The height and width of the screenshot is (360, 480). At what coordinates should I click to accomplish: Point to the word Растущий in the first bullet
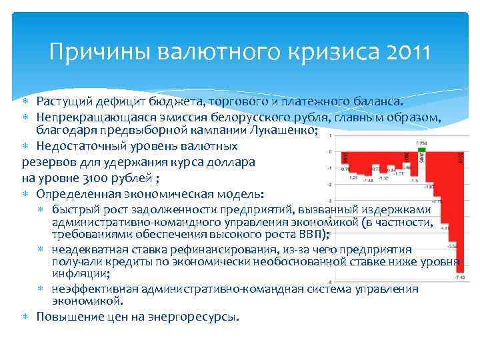coord(64,101)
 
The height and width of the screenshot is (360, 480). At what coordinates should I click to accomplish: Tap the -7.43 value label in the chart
coord(459,276)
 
